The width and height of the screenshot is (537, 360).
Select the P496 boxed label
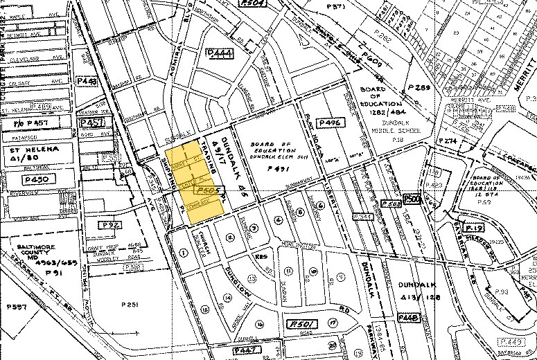pos(330,123)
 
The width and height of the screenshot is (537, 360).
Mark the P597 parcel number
pos(17,307)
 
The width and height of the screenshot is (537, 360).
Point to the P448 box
pos(411,318)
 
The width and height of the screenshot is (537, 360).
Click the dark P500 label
pos(413,199)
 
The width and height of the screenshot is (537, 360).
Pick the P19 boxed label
pos(473,228)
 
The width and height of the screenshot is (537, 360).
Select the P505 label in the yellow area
pos(207,189)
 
